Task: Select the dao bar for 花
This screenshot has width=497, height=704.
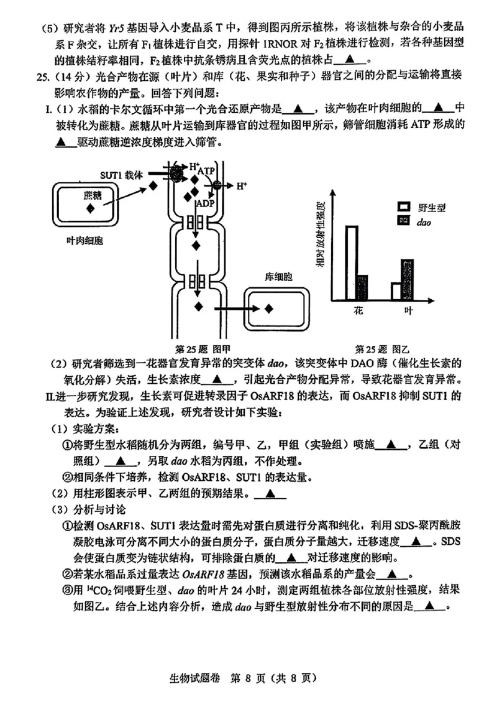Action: coord(362,287)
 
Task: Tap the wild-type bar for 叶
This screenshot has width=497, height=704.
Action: coord(396,291)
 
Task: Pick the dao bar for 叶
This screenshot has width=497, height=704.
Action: coord(407,279)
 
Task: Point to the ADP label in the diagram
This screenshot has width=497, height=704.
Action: coord(204,203)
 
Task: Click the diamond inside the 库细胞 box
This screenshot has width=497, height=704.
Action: coord(269,308)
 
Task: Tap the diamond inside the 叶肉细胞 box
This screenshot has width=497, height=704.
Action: coord(91,209)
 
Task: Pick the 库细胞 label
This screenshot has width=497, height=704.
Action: coord(278,276)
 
